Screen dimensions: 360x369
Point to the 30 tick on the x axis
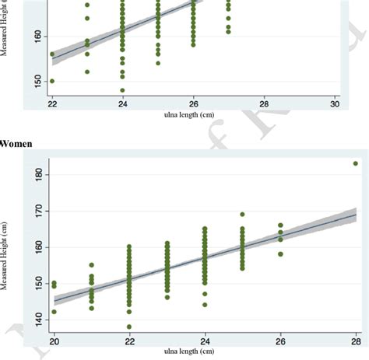[x=335, y=103]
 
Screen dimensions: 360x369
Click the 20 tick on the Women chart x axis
[x=54, y=341]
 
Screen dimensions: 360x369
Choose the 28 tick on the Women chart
[x=355, y=341]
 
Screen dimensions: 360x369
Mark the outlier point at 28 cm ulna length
[x=355, y=163]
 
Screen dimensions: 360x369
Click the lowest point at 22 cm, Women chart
[x=129, y=327]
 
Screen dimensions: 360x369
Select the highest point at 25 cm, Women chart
[x=242, y=214]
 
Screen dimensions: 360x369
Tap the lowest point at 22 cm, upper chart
[x=52, y=81]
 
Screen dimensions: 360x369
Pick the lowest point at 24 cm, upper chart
[x=122, y=89]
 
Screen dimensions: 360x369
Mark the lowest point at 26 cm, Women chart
[x=280, y=253]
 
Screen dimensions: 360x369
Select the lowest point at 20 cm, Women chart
[x=54, y=312]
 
